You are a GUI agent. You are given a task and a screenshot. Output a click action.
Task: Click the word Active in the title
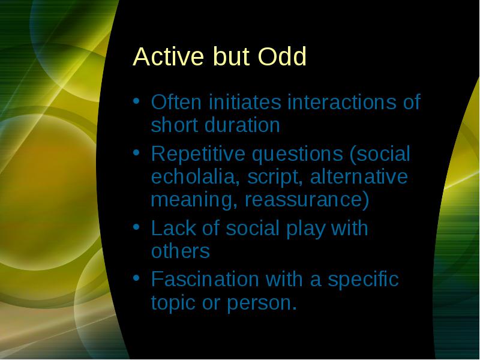[169, 56]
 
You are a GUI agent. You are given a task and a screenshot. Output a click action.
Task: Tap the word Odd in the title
[282, 56]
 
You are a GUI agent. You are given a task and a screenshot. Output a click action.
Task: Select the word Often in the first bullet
[176, 101]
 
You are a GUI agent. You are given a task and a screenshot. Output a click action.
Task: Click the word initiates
[245, 101]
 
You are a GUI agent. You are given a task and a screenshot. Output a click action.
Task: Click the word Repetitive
[198, 154]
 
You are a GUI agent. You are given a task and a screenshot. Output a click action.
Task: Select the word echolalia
[195, 177]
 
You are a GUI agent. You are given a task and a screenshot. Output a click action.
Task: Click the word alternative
[359, 177]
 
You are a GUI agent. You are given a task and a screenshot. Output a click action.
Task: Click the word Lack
[173, 228]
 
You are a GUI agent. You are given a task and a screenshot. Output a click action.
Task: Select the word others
[181, 251]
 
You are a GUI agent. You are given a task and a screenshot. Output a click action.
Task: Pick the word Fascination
[205, 279]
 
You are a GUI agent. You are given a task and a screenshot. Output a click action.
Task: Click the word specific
[364, 280]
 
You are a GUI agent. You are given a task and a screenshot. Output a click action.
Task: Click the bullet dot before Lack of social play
[137, 227]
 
